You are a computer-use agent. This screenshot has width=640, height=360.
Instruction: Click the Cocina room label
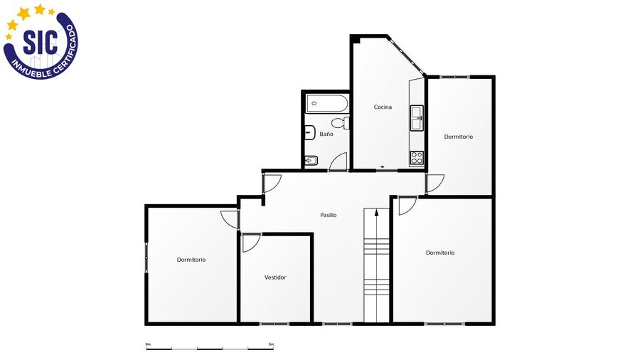[383, 107]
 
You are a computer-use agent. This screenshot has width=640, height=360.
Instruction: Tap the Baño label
[326, 134]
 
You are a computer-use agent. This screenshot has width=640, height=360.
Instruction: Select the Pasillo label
[328, 215]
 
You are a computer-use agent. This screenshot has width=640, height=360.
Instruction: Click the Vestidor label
[275, 277]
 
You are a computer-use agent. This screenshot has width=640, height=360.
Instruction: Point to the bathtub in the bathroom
[327, 104]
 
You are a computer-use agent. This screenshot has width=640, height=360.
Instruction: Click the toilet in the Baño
[341, 122]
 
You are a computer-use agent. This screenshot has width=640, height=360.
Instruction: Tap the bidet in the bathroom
[311, 161]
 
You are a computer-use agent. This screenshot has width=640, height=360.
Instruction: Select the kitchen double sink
[417, 118]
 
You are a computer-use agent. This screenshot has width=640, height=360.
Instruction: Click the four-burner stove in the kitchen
[417, 157]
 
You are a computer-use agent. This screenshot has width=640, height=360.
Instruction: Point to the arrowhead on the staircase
[376, 211]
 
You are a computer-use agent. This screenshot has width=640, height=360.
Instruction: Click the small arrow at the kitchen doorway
[382, 167]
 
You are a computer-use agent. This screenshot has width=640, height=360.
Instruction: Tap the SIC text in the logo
[40, 42]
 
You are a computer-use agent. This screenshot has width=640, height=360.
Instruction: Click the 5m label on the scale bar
[271, 344]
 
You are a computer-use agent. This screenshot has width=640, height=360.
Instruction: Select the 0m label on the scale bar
[148, 344]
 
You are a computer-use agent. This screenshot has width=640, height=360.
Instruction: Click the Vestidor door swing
[250, 243]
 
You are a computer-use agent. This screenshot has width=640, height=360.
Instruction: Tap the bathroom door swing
[338, 162]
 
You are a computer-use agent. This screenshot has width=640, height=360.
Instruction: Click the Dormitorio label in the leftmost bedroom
[191, 260]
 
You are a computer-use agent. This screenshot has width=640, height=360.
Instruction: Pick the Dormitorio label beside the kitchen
[459, 137]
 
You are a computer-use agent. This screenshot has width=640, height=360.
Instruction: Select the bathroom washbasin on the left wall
[310, 132]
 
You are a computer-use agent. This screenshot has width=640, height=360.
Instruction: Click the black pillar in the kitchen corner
[356, 39]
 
